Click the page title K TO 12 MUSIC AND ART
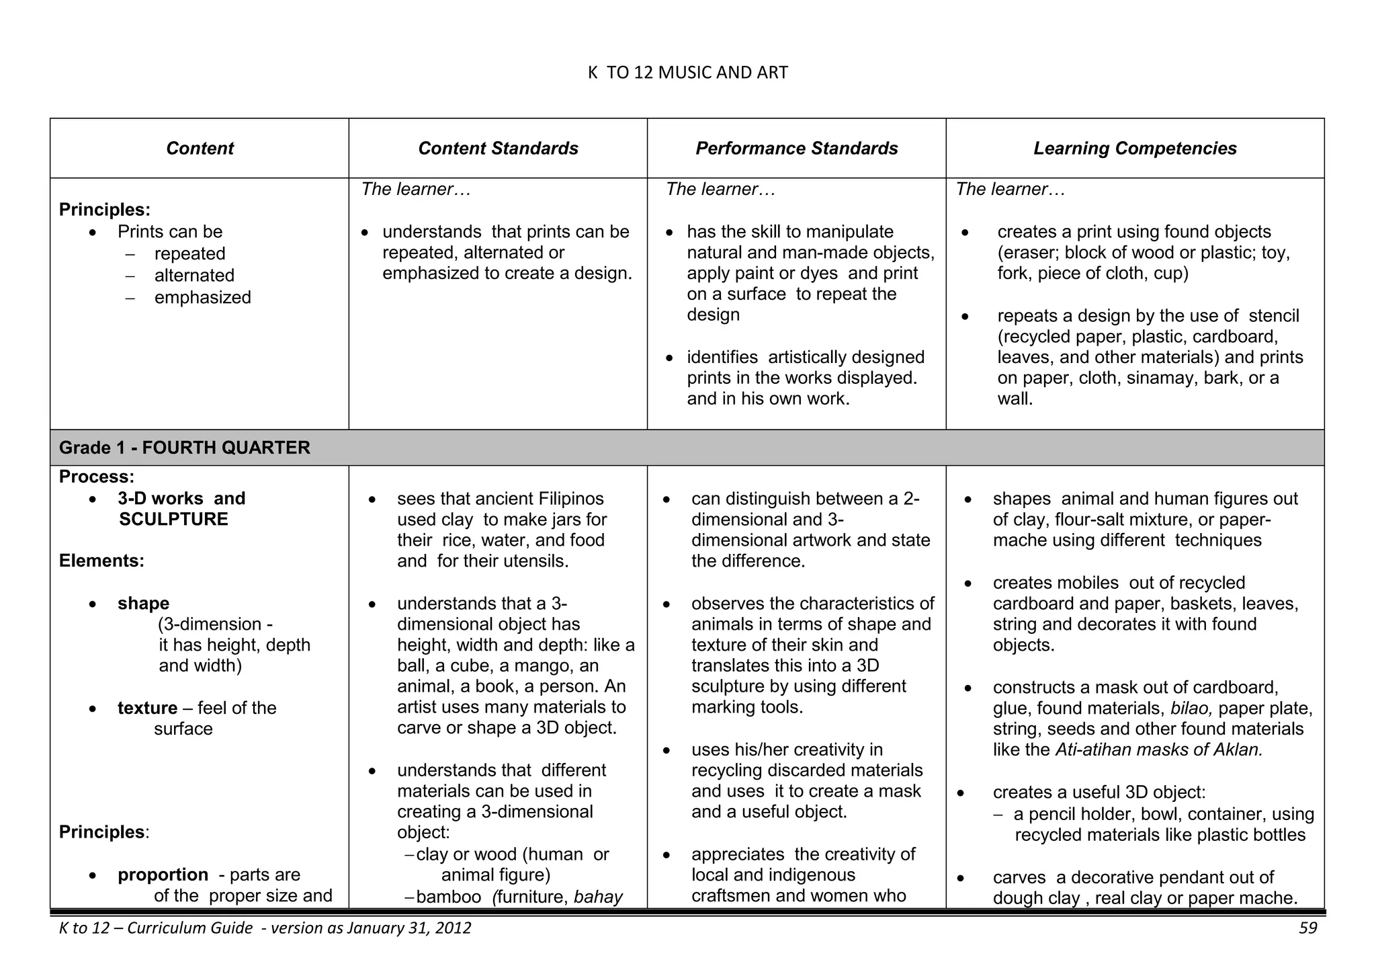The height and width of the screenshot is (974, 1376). click(x=687, y=73)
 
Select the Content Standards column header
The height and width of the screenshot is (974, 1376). click(x=498, y=149)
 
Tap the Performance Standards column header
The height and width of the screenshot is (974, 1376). click(x=796, y=149)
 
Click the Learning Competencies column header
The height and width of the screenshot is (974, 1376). click(x=1135, y=149)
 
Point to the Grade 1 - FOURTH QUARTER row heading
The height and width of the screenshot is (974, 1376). click(x=185, y=448)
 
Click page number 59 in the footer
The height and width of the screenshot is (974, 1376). click(x=1307, y=928)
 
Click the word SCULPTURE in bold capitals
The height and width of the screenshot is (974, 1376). click(x=173, y=520)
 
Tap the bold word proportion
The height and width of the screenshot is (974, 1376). click(x=163, y=875)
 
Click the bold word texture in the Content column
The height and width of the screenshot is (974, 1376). click(x=147, y=708)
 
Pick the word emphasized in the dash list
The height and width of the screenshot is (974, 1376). click(x=202, y=298)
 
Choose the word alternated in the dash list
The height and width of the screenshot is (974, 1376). click(x=194, y=276)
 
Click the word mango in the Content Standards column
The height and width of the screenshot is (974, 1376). click(x=544, y=666)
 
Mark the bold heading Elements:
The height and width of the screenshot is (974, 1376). click(x=101, y=561)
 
